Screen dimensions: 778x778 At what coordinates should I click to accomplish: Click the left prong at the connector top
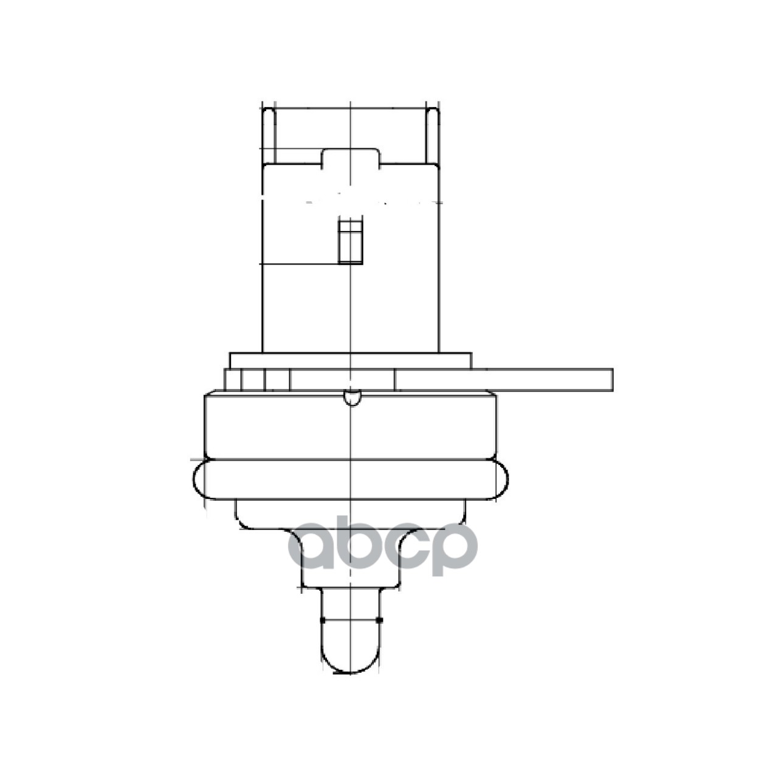(x=269, y=136)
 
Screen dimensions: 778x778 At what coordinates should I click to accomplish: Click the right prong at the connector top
(x=432, y=136)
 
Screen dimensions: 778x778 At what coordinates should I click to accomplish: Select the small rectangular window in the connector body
(x=350, y=241)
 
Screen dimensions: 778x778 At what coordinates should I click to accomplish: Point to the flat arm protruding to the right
(x=503, y=380)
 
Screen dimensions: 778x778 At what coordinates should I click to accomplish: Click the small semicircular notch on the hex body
(x=352, y=398)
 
